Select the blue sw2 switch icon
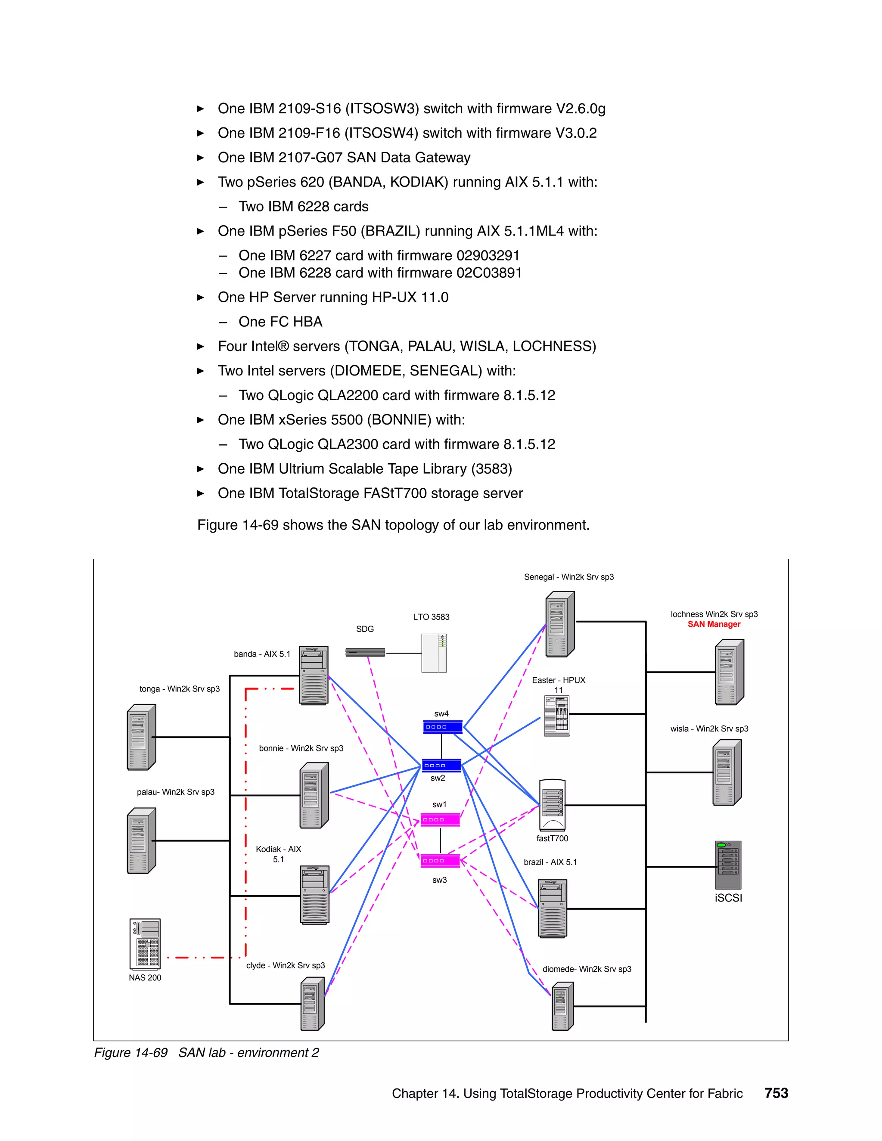[x=441, y=766]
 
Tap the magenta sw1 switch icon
[x=440, y=819]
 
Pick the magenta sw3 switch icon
[x=440, y=860]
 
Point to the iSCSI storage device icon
[x=728, y=865]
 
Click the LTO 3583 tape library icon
[x=434, y=652]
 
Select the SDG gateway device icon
[x=365, y=652]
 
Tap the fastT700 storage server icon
[x=552, y=805]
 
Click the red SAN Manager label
[x=714, y=624]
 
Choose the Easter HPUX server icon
[x=556, y=716]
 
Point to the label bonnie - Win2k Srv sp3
[x=301, y=748]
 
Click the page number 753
[x=776, y=1093]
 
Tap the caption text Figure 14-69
[x=130, y=1053]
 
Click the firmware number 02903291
[x=488, y=255]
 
